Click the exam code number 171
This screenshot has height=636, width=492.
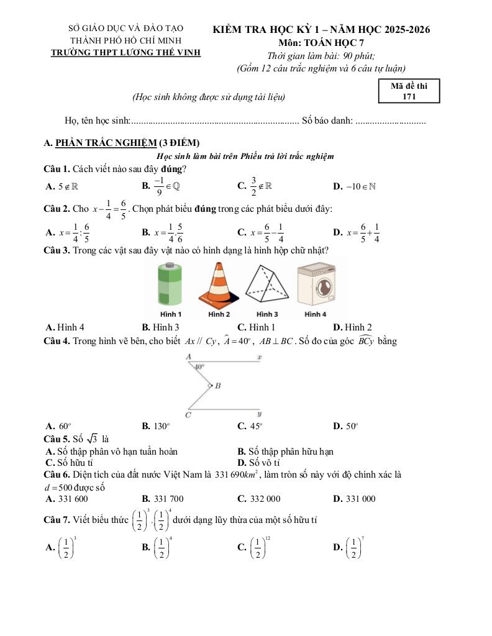409,96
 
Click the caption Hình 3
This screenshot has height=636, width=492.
267,314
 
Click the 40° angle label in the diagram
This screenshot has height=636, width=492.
199,366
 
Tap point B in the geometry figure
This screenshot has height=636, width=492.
217,386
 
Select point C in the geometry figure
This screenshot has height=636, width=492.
188,414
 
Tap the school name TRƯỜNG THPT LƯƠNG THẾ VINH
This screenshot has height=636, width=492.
125,52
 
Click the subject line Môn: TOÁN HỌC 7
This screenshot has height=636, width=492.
321,43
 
